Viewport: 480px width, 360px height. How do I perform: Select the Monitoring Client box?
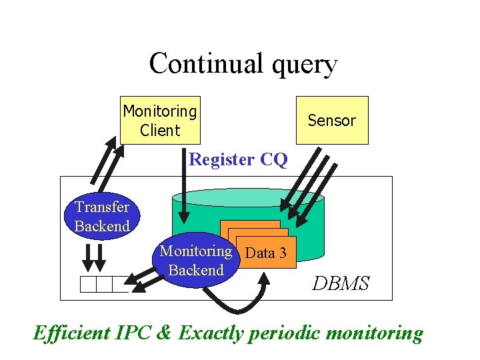(160, 120)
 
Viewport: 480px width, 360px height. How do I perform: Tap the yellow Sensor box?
(331, 121)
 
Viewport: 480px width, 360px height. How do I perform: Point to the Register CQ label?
(238, 160)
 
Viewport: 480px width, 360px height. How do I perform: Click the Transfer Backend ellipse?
(102, 217)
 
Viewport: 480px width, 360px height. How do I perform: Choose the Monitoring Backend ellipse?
(195, 261)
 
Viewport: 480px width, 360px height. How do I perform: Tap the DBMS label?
(341, 283)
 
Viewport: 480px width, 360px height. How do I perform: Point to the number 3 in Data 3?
(283, 253)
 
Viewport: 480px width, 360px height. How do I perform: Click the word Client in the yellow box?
(160, 130)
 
